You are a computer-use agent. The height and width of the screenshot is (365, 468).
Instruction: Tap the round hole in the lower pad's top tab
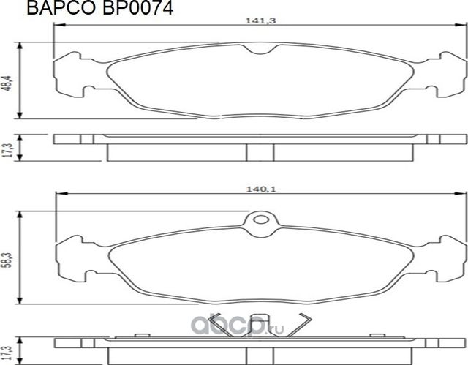[x=260, y=222]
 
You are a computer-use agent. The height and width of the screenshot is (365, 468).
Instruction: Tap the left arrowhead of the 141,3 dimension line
[x=58, y=27]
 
